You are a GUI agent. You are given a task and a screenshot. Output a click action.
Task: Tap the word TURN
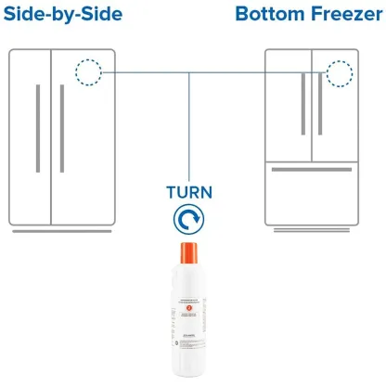click(188, 193)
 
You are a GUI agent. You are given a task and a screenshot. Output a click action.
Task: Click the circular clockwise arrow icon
click(188, 219)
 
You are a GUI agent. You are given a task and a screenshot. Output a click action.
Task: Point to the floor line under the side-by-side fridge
click(63, 232)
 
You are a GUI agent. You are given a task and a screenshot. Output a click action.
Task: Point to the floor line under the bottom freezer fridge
click(311, 232)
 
